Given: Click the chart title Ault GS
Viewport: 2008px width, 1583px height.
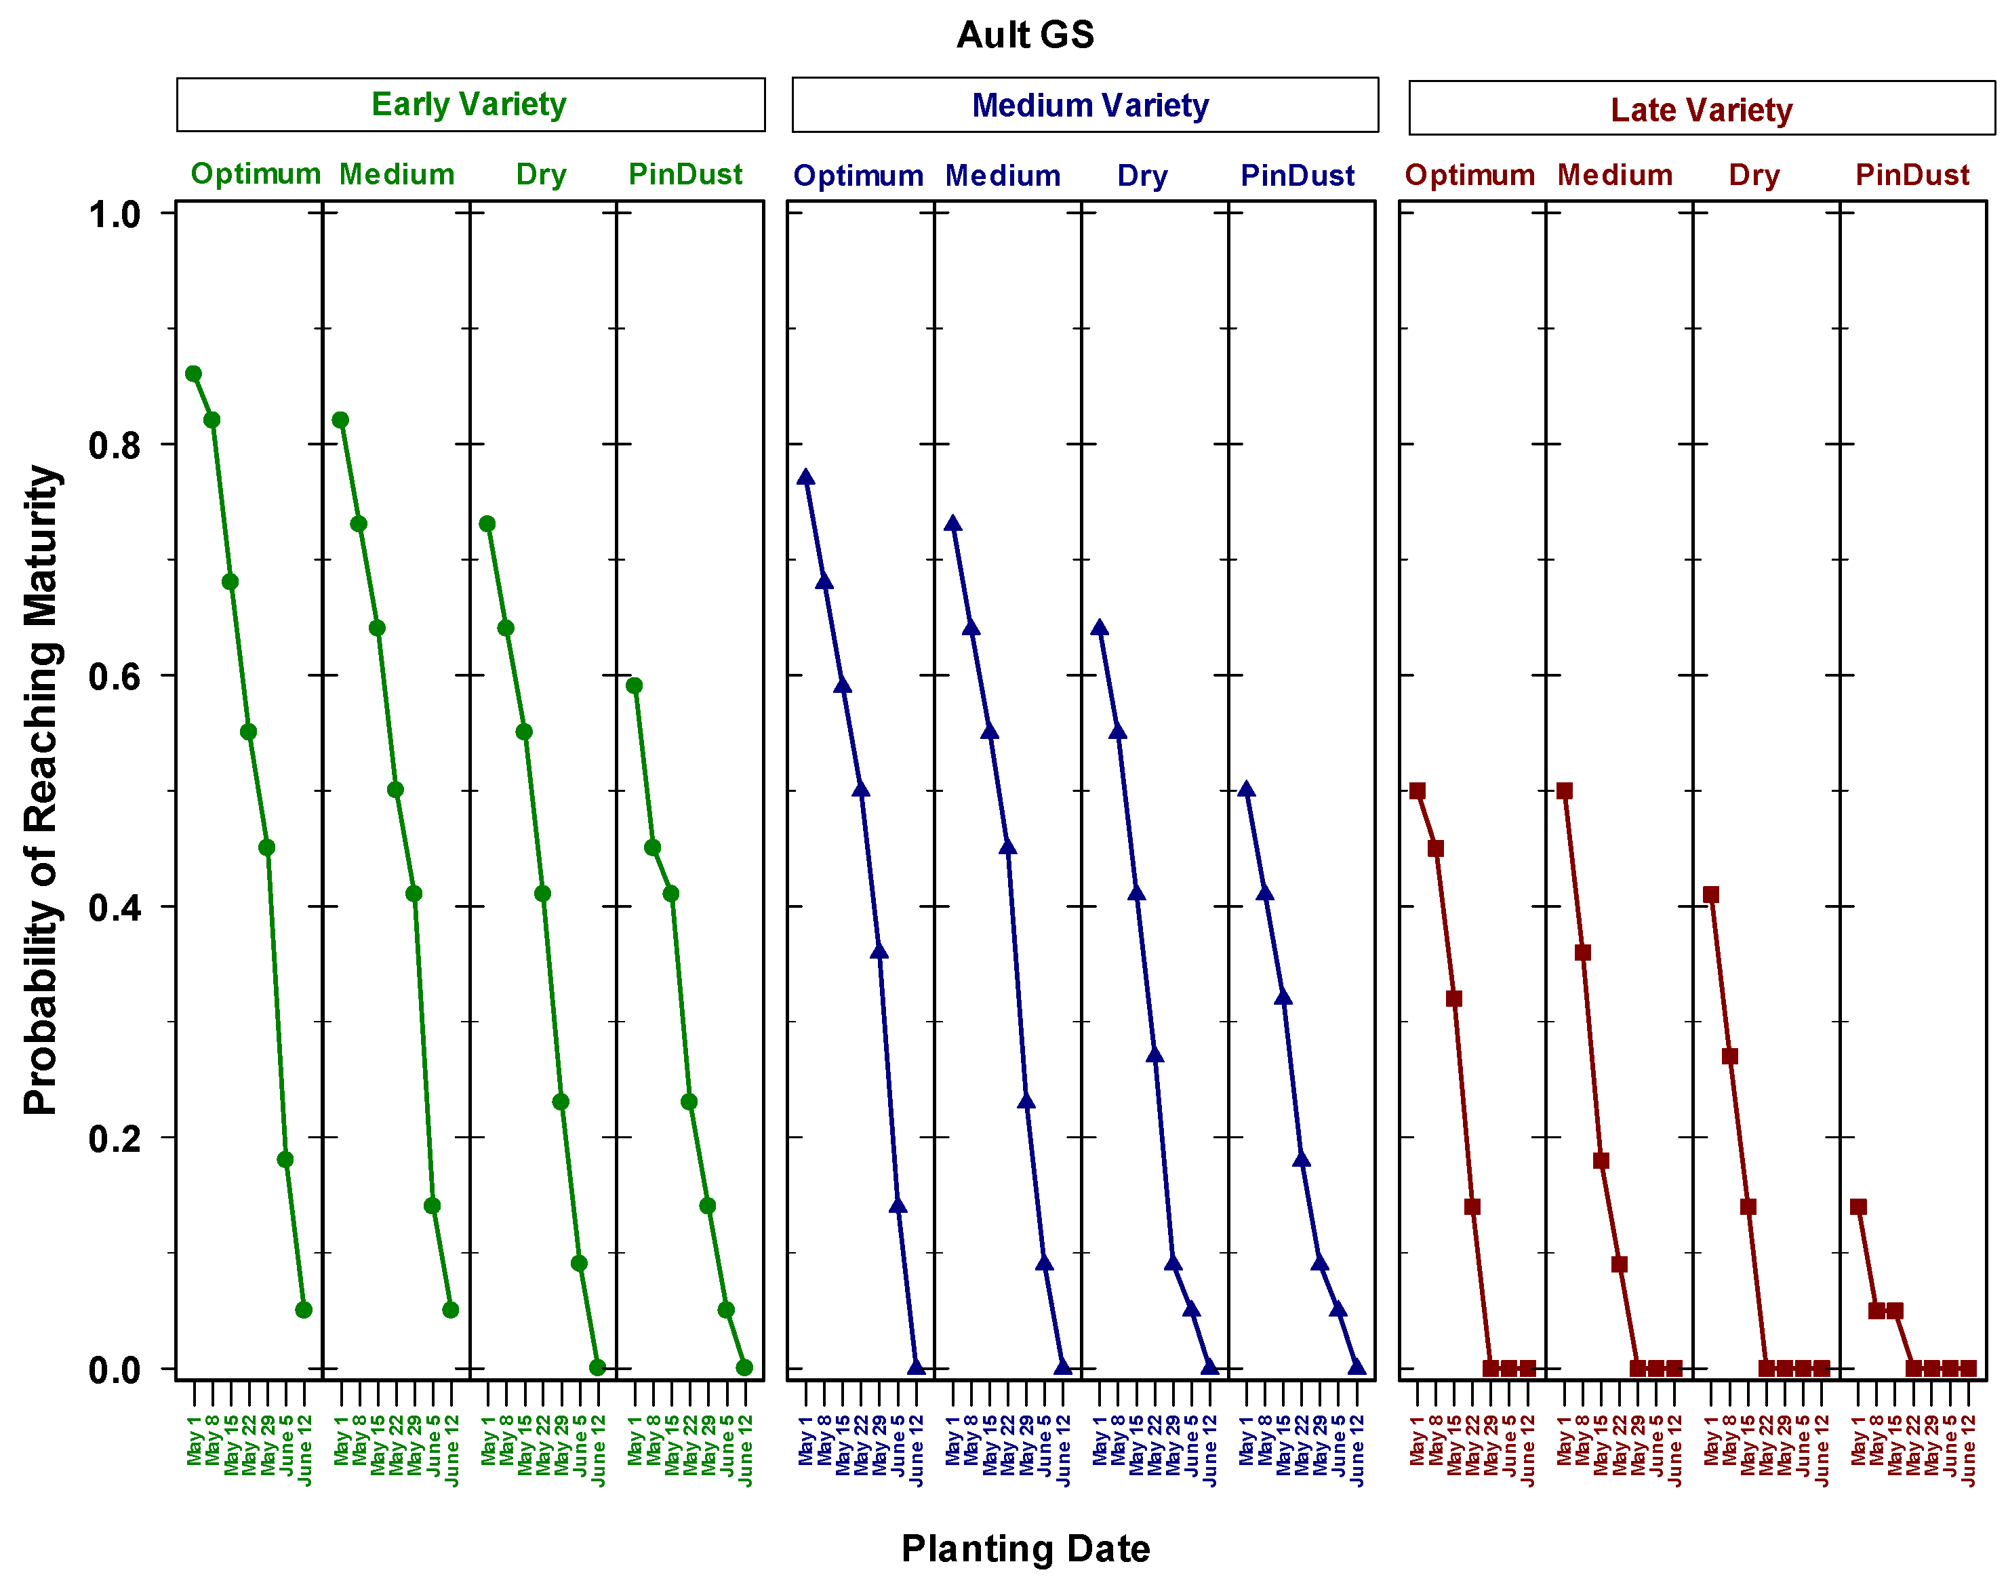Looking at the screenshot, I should pyautogui.click(x=1025, y=35).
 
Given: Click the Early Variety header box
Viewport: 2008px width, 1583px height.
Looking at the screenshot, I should pyautogui.click(x=470, y=104).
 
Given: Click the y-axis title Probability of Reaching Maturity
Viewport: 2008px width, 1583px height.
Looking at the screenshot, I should pyautogui.click(x=42, y=790).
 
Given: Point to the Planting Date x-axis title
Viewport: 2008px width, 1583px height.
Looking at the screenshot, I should pyautogui.click(x=1025, y=1548).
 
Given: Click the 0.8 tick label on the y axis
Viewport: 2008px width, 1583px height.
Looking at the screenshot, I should pyautogui.click(x=114, y=445).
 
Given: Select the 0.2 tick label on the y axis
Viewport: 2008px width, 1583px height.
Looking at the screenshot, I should pyautogui.click(x=114, y=1139).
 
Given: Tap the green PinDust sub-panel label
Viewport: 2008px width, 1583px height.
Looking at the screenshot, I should pyautogui.click(x=685, y=174).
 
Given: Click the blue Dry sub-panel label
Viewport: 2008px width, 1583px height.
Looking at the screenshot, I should pyautogui.click(x=1142, y=176).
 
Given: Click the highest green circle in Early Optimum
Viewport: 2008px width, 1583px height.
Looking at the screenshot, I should pyautogui.click(x=194, y=374).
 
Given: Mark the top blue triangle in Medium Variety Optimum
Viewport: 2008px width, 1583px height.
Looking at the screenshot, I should pyautogui.click(x=805, y=477).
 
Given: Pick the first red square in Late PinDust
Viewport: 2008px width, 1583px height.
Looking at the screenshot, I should pyautogui.click(x=1858, y=1207).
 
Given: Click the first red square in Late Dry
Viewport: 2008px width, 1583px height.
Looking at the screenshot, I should pyautogui.click(x=1710, y=894).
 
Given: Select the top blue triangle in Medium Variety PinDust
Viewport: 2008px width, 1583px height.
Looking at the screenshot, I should pyautogui.click(x=1246, y=788).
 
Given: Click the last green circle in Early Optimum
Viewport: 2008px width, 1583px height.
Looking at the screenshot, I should pyautogui.click(x=303, y=1310).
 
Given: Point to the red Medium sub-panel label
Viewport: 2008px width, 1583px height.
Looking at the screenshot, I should pyautogui.click(x=1614, y=175).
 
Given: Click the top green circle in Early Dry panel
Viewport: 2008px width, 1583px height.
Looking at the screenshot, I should pyautogui.click(x=487, y=523).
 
